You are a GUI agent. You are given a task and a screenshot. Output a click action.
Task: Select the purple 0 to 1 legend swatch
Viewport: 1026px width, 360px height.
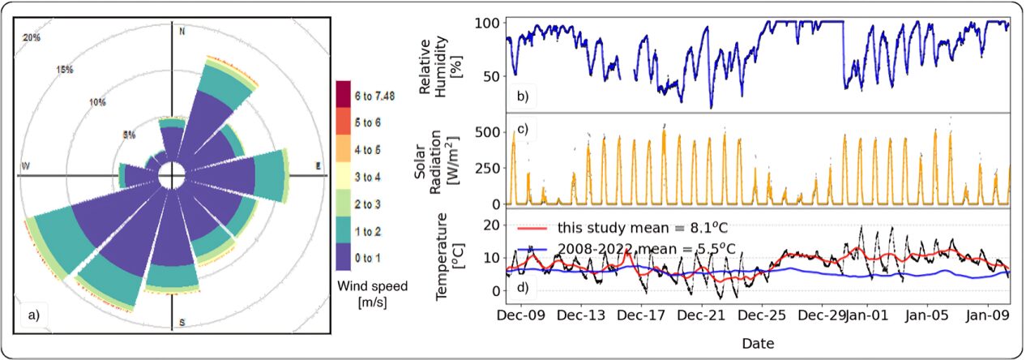(344, 258)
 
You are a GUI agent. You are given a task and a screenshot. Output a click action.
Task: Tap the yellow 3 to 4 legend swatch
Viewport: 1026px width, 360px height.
(344, 175)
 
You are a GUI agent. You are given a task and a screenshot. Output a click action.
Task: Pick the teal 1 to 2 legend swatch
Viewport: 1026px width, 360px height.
(344, 230)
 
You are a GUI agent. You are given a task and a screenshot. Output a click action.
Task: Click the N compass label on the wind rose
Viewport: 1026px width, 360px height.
(182, 32)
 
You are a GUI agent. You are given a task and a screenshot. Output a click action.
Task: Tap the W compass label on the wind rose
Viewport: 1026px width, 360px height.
(27, 167)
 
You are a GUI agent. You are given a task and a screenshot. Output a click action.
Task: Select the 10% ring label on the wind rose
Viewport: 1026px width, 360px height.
(98, 102)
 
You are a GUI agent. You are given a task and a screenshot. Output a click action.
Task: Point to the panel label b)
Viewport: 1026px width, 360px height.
(523, 97)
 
